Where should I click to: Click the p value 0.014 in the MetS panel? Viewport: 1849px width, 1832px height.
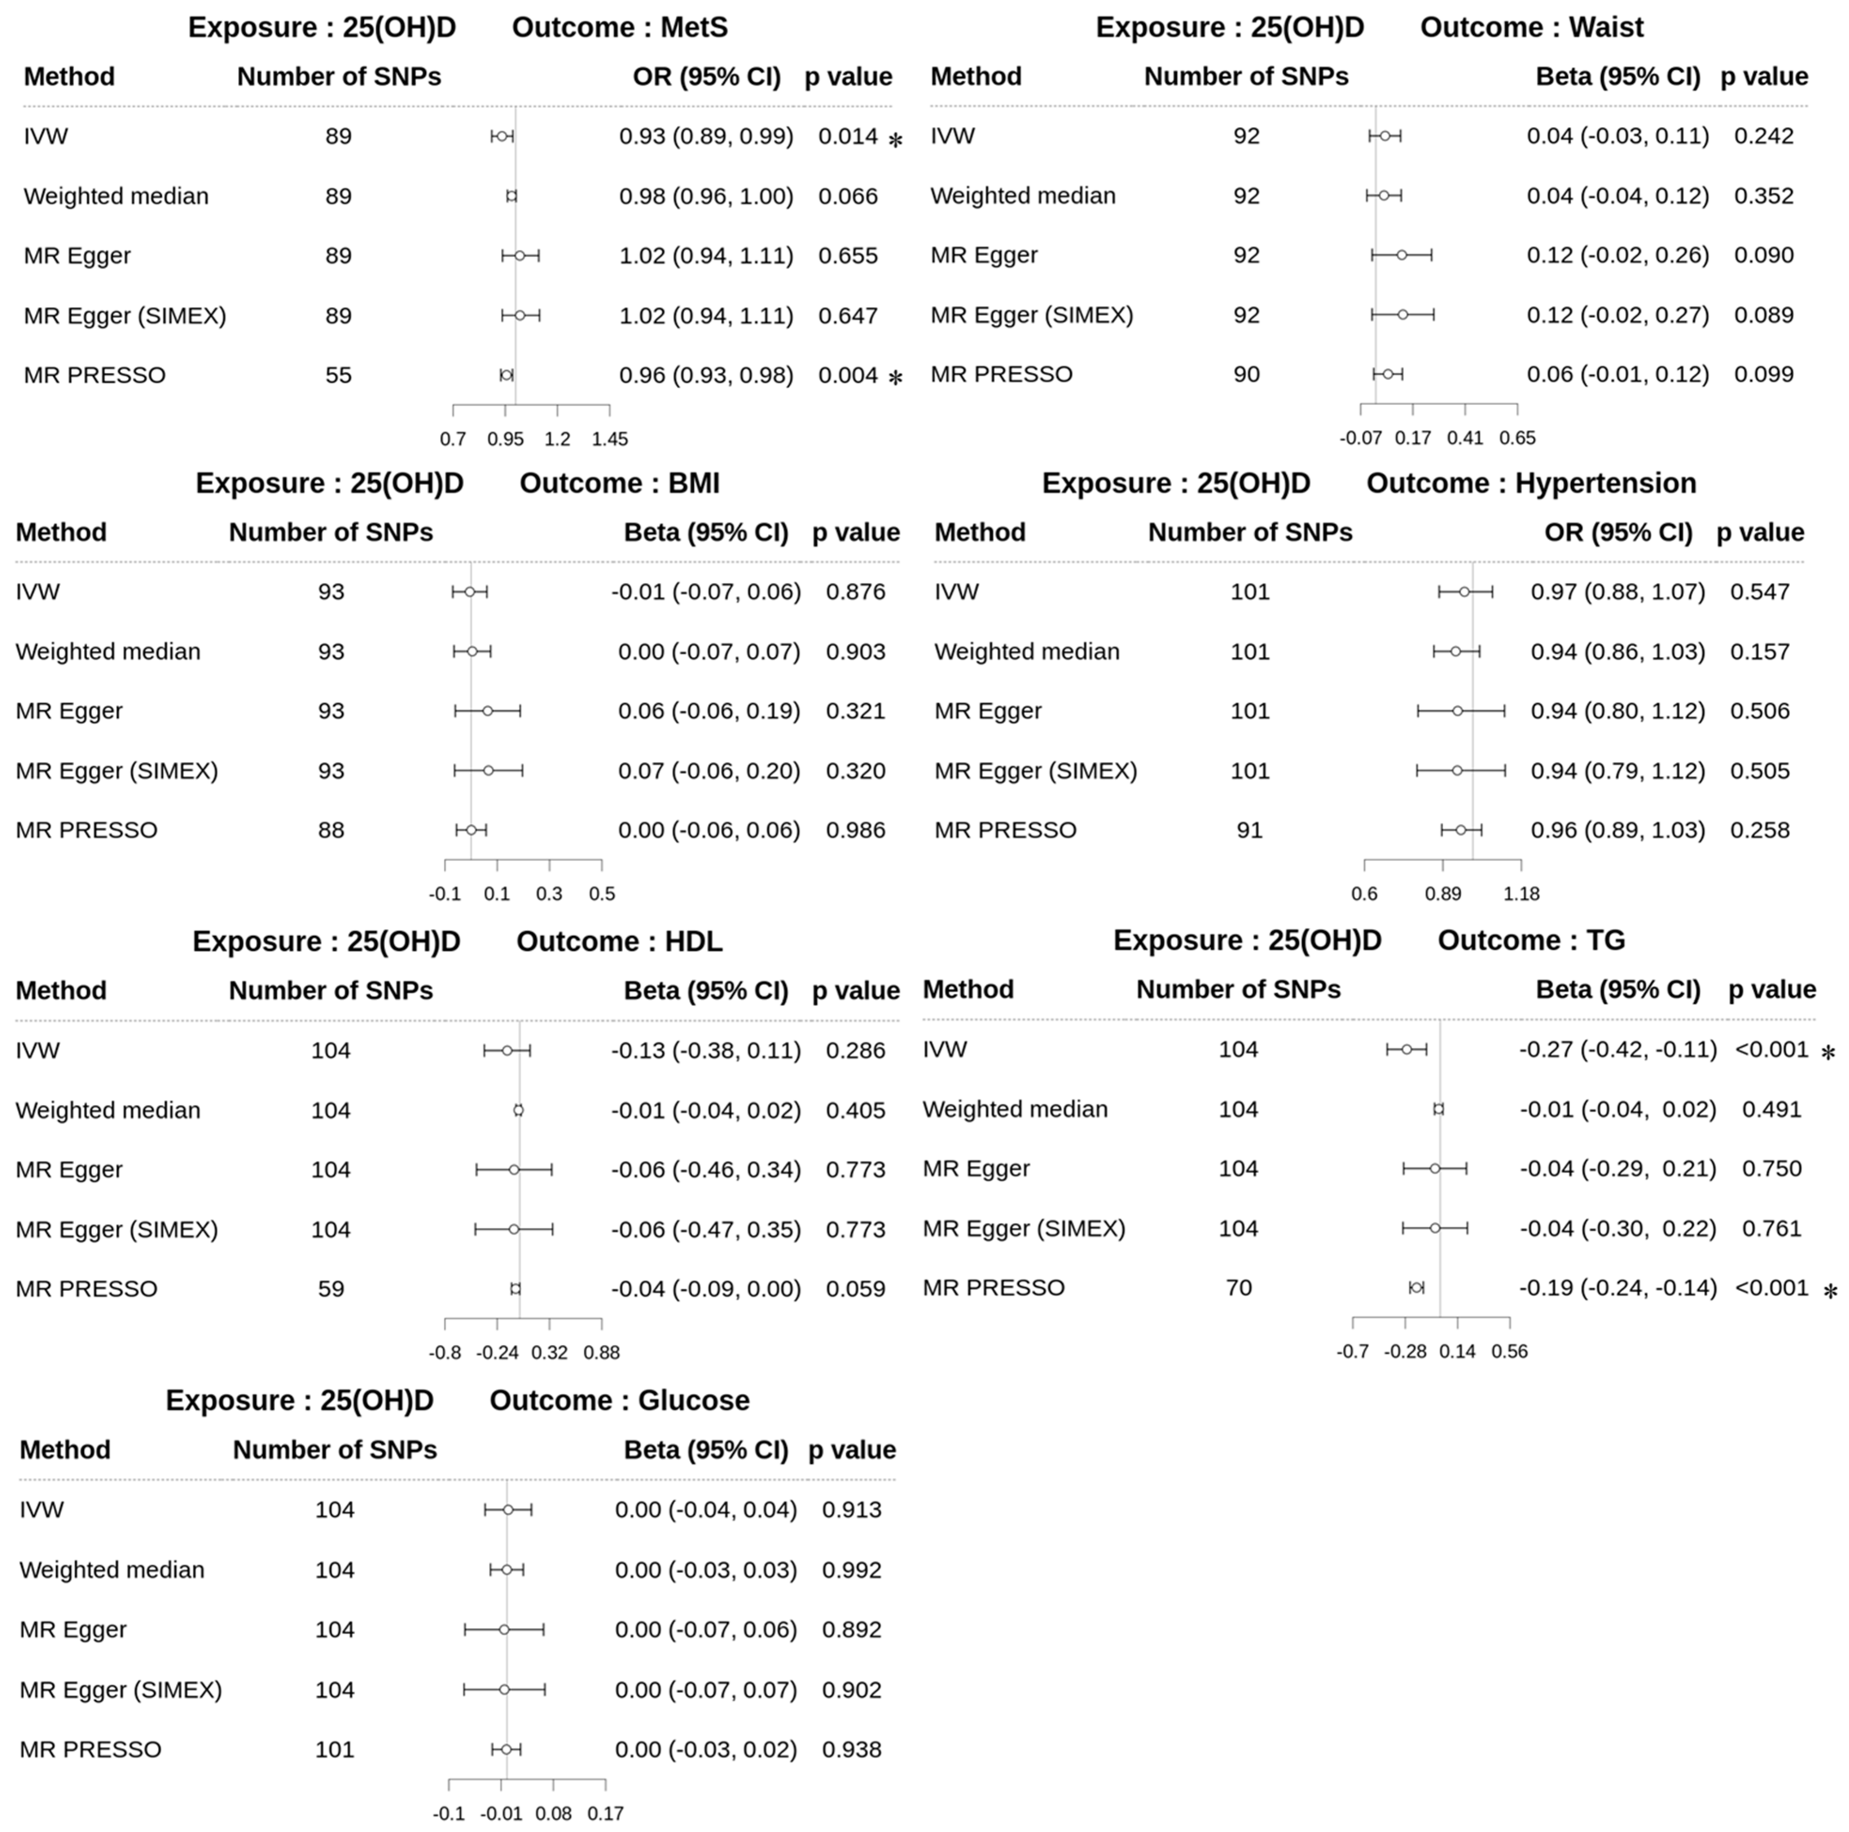(847, 136)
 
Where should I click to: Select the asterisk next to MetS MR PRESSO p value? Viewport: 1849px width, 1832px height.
(895, 378)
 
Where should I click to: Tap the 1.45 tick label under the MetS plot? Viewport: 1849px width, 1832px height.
(610, 439)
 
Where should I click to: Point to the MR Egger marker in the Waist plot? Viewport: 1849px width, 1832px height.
(1401, 256)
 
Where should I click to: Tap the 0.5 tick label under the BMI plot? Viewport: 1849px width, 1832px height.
(602, 894)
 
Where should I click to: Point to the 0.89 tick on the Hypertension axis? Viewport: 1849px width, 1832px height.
(1443, 894)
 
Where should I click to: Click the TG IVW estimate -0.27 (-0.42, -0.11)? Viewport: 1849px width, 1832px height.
(1617, 1049)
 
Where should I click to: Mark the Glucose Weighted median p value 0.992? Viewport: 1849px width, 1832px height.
(851, 1570)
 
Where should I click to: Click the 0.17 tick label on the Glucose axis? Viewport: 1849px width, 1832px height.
(605, 1813)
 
